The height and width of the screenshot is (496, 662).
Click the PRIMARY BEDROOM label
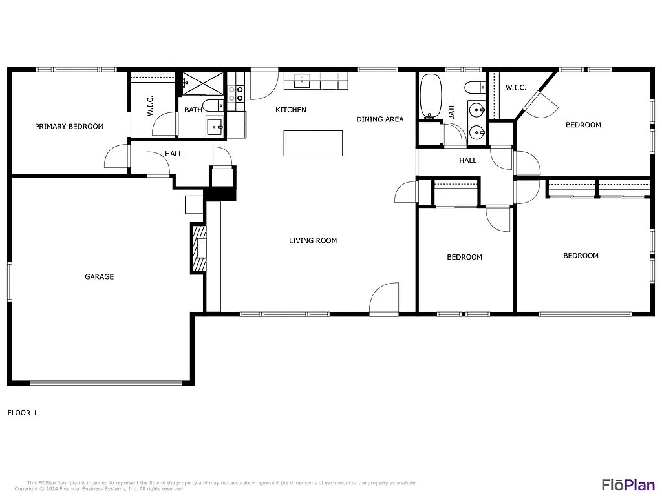pos(69,127)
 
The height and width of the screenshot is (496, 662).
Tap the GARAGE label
pos(99,277)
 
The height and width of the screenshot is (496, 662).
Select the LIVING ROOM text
pos(313,241)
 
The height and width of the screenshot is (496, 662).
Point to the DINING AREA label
pos(380,119)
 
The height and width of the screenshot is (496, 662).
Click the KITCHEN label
pos(291,110)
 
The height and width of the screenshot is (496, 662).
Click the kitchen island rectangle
pos(313,143)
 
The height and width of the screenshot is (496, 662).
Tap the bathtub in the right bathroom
pos(431,97)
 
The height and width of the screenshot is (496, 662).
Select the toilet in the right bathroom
pos(474,87)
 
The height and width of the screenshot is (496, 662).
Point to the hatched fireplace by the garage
pos(199,248)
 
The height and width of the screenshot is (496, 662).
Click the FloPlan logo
pos(628,484)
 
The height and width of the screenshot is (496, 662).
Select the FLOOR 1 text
pos(22,413)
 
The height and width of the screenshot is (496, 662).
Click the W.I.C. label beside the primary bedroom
pos(150,106)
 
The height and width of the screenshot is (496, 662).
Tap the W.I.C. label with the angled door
pos(515,87)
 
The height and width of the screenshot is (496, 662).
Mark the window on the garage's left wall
pos(10,281)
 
